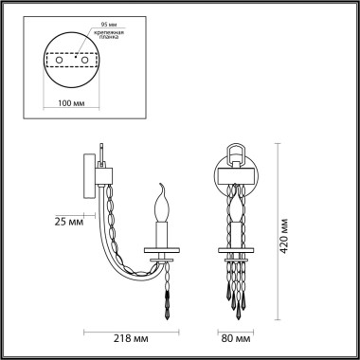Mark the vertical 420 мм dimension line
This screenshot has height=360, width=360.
point(278,227)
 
